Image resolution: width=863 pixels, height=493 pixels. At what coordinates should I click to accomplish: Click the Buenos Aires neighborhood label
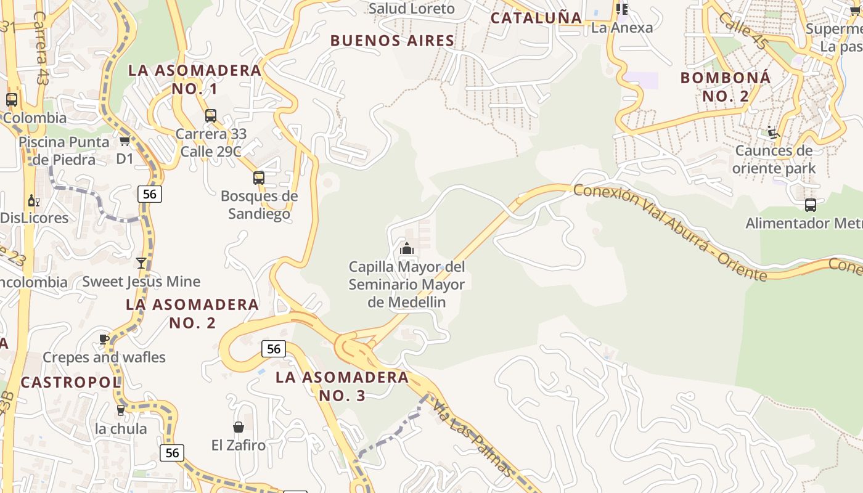[393, 41]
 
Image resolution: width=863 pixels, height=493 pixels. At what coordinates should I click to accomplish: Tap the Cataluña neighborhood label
[536, 18]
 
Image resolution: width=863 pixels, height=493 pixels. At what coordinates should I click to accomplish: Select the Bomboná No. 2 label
[726, 87]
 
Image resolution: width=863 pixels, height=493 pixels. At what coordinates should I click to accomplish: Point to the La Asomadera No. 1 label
[195, 79]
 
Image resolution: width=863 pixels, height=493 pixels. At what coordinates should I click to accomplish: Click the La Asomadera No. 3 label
[342, 386]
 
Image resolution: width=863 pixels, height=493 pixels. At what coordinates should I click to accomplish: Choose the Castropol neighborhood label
[70, 382]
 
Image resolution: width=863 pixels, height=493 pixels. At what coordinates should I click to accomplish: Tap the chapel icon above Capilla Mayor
[406, 248]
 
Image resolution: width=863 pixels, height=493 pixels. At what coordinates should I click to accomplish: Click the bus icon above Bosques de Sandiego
[259, 178]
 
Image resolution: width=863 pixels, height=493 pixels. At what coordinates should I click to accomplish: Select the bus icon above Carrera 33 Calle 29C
[211, 115]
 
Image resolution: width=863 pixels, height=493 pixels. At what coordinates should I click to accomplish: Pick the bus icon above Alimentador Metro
[810, 205]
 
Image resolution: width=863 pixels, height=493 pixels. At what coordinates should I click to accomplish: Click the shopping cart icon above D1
[125, 141]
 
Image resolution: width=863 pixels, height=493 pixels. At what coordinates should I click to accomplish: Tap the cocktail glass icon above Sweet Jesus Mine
[141, 263]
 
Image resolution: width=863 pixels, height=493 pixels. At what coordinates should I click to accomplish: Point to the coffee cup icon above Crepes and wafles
[104, 339]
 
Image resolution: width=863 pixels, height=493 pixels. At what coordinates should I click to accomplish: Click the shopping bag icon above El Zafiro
[238, 427]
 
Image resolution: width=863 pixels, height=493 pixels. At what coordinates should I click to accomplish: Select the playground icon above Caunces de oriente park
[773, 132]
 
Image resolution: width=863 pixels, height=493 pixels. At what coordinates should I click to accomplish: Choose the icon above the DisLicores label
[33, 201]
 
